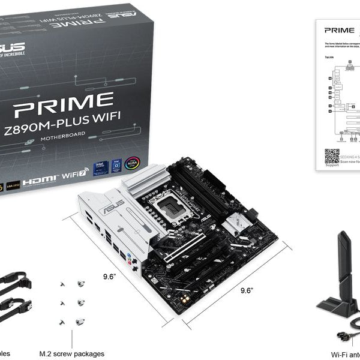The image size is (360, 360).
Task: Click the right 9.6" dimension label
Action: click(x=247, y=290)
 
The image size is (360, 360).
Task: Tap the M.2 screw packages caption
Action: click(x=71, y=354)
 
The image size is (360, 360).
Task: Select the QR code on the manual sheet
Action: click(x=332, y=157)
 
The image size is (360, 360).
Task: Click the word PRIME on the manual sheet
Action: click(x=339, y=29)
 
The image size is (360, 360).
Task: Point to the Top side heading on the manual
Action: click(x=329, y=58)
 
